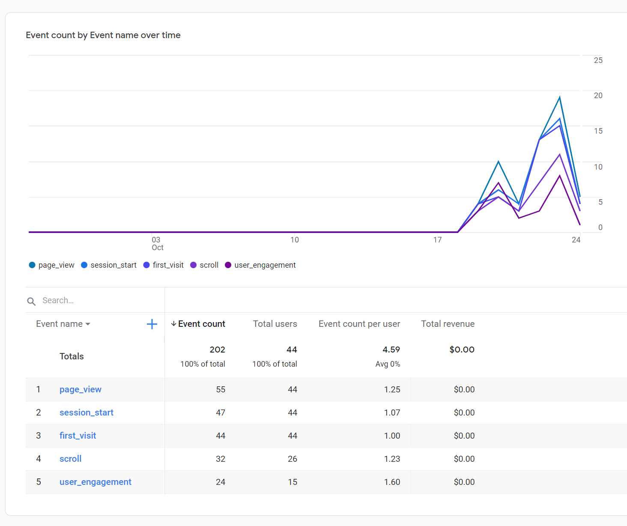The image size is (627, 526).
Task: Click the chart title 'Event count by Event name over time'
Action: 103,35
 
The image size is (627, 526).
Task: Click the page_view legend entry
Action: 52,265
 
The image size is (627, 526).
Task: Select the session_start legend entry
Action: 109,265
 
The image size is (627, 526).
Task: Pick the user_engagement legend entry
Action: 260,265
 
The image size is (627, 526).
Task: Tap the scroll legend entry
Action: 204,265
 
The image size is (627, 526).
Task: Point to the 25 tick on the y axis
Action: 598,60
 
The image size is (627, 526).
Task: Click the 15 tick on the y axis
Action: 598,131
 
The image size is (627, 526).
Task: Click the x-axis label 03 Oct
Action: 157,243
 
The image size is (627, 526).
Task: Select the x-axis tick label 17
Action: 437,240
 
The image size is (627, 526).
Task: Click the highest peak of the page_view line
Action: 560,98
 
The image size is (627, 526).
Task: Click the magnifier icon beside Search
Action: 31,301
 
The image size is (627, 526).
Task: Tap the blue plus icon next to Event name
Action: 152,324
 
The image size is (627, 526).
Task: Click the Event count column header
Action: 201,324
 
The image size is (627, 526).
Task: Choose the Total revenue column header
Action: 448,324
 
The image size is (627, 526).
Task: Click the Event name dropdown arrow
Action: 88,324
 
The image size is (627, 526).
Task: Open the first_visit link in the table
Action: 78,436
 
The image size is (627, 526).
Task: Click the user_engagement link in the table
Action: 95,482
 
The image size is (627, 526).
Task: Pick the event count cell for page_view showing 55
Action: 221,389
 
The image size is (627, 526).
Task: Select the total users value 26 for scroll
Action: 293,459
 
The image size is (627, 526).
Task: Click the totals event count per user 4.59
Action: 391,350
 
